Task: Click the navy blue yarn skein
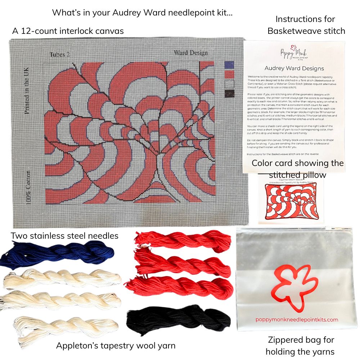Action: point(58,254)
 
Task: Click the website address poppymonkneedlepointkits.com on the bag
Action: point(297,319)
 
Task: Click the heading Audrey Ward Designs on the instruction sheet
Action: point(294,68)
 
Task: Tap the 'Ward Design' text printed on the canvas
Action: point(191,53)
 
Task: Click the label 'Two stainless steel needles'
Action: point(64,236)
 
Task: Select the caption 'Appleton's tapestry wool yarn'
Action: point(116,346)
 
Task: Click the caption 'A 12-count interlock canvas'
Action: point(68,31)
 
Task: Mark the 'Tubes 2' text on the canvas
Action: point(60,55)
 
